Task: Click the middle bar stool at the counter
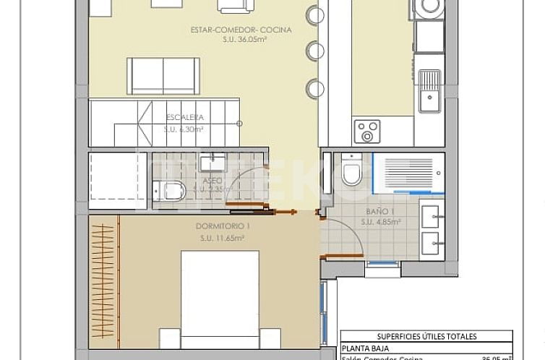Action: pos(315,51)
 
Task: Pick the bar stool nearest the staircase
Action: pos(315,88)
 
